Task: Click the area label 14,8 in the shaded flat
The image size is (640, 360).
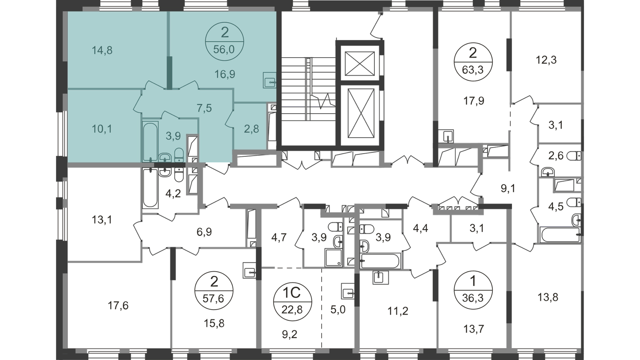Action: coord(102,50)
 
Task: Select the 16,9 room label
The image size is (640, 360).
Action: coord(225,74)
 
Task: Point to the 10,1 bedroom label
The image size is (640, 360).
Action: coord(102,129)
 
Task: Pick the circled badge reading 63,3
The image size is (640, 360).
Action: coord(473,62)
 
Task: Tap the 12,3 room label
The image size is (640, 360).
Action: coord(546,60)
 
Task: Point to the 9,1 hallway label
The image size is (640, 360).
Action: coord(508,188)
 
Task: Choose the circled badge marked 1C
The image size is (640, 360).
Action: coord(292,302)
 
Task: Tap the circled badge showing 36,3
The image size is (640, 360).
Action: coord(473,290)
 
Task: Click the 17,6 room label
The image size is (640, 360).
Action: coord(118,306)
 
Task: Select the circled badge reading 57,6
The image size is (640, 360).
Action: coord(214,291)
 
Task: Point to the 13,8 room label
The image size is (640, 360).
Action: coord(548,298)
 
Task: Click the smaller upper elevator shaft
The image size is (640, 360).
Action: coord(360,64)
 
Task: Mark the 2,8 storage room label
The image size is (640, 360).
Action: coord(252,129)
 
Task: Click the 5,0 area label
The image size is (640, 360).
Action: coord(338,310)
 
